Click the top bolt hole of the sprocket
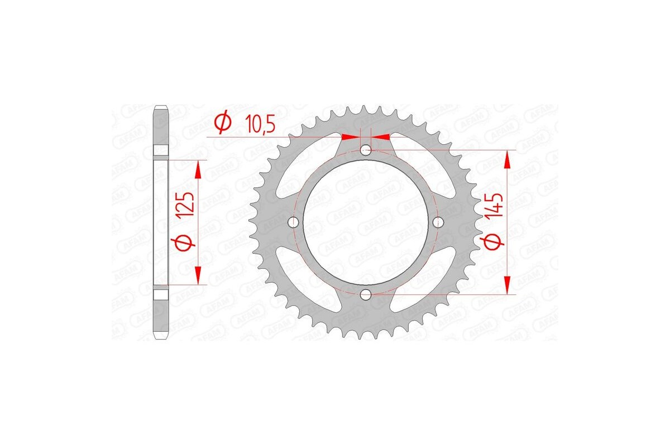366,150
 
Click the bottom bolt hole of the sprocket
366,294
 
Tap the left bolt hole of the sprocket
294,222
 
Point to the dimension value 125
188,204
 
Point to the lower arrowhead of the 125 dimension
197,275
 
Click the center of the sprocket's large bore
366,222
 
